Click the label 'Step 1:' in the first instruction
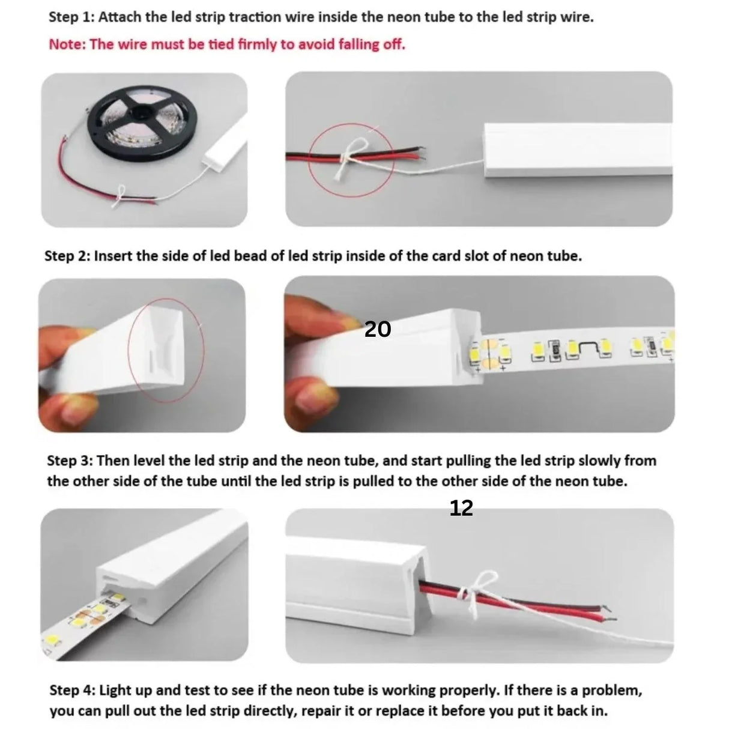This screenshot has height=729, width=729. point(70,17)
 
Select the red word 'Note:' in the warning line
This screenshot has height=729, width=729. point(67,44)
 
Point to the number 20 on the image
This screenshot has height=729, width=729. point(378,329)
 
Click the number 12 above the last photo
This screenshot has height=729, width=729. point(461,509)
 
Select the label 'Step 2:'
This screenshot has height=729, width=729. point(67,256)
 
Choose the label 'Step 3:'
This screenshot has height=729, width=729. point(70,461)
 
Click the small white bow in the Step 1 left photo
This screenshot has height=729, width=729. point(123,194)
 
